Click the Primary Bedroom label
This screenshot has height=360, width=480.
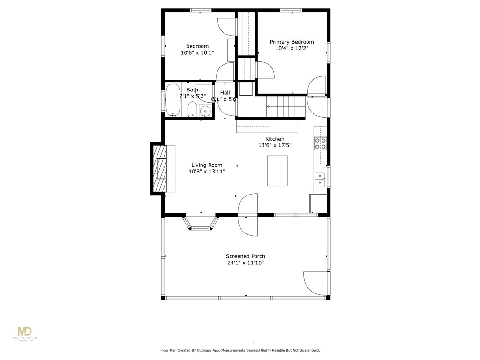tap(292, 42)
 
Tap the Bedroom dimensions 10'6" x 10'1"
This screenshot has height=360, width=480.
tap(197, 53)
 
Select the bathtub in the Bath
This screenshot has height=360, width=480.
tap(173, 99)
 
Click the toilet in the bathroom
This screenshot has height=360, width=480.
tap(192, 110)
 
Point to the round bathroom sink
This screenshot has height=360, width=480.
tap(205, 111)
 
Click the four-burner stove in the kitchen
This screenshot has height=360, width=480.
tap(320, 143)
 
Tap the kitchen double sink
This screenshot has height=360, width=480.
tap(320, 179)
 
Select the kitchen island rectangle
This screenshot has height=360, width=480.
tap(277, 171)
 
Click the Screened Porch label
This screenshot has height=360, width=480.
tap(245, 256)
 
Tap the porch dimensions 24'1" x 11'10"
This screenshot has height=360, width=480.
tap(245, 263)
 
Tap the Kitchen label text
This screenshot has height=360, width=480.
tap(275, 139)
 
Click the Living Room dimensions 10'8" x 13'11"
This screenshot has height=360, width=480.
tap(207, 172)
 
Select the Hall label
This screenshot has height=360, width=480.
tap(225, 93)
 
